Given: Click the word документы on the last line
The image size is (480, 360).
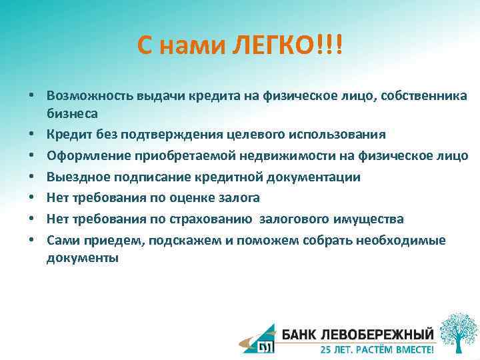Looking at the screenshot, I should [83, 258].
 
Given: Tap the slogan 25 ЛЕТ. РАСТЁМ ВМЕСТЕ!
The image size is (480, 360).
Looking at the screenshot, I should [376, 349].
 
